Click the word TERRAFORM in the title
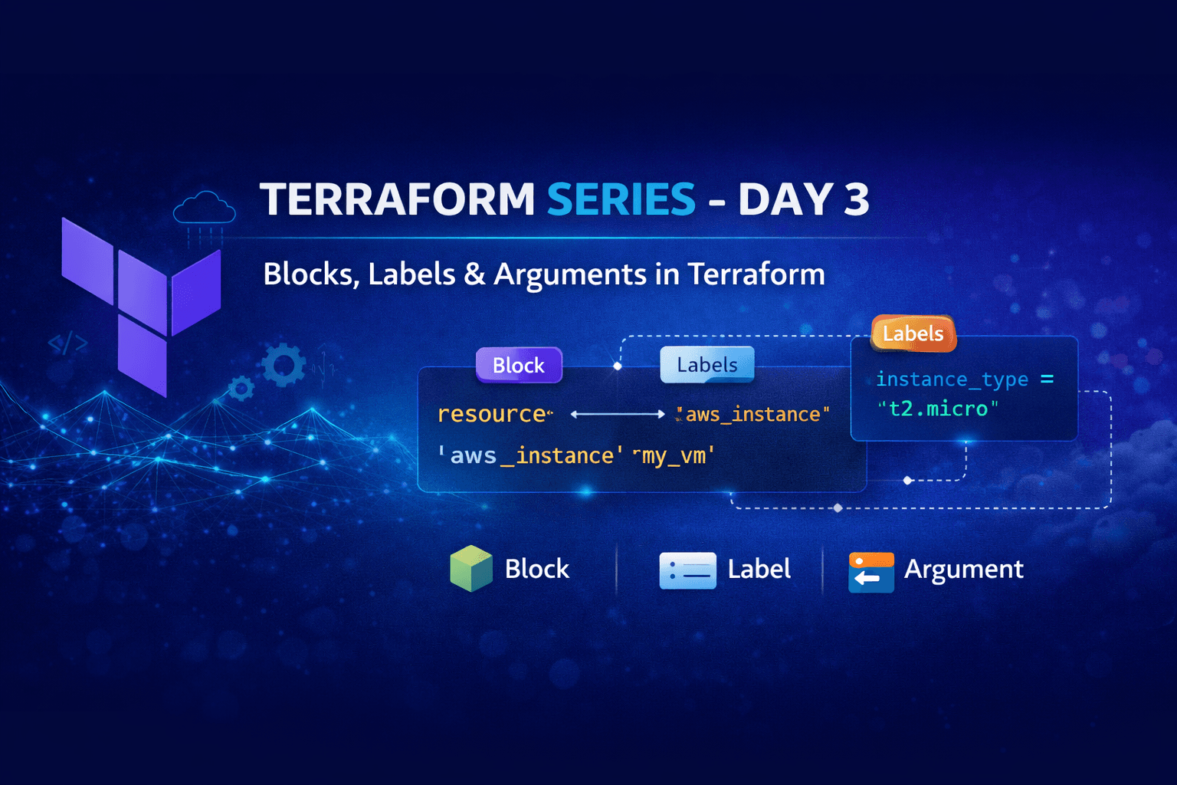397,199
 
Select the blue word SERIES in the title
621,199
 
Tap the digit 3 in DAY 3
856,199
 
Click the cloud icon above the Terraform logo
204,208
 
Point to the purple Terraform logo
142,303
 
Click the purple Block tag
519,365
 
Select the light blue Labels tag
707,365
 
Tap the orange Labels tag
913,333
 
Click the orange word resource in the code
491,414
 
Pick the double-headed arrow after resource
618,414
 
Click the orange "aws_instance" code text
754,414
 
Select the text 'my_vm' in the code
674,455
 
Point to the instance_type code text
951,379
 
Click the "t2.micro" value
938,409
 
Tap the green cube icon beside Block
470,569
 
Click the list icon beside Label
687,570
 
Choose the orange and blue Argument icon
871,572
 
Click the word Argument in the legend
963,569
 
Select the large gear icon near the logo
284,365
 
